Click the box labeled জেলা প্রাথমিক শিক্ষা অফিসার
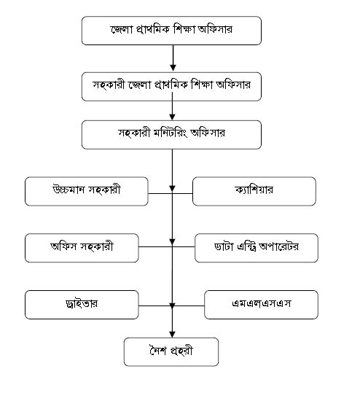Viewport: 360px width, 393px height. tap(171, 31)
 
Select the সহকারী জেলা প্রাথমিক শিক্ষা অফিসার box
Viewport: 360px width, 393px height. tap(171, 87)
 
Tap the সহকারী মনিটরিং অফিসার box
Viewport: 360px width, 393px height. tap(171, 135)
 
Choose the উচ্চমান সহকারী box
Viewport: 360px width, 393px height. tap(87, 191)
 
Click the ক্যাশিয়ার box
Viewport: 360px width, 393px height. tap(254, 191)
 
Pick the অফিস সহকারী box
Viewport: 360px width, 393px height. tap(82, 248)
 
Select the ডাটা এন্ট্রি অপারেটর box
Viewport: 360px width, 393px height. tap(257, 248)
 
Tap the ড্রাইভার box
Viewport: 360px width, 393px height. tap(82, 305)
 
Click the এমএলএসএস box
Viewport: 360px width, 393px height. tap(261, 305)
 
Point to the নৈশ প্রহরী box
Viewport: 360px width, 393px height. tap(171, 352)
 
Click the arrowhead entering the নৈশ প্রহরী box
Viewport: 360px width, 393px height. tap(172, 335)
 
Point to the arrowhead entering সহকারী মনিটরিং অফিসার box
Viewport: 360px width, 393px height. tap(172, 117)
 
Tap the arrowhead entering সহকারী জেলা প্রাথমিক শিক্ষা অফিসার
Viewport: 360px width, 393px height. tap(173, 68)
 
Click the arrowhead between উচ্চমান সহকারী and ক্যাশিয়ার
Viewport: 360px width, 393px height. tap(172, 189)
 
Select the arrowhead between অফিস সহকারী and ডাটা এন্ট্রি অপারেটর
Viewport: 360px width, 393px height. tap(172, 242)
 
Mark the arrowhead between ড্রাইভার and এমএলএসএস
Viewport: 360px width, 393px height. tap(172, 306)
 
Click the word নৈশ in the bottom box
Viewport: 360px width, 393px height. tap(158, 350)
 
